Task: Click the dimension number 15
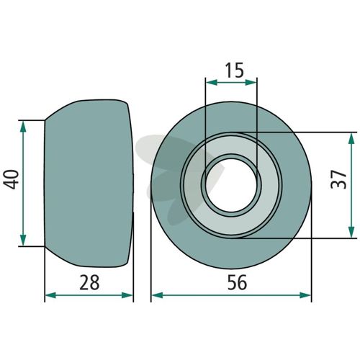pyautogui.click(x=235, y=71)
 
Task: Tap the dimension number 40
pyautogui.click(x=12, y=179)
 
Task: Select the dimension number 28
pyautogui.click(x=89, y=282)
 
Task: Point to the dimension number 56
pyautogui.click(x=237, y=282)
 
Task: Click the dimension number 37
pyautogui.click(x=338, y=179)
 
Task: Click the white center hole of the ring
pyautogui.click(x=231, y=185)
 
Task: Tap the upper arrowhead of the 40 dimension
pyautogui.click(x=23, y=127)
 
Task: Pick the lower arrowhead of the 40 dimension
pyautogui.click(x=23, y=240)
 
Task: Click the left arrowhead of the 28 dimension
pyautogui.click(x=51, y=295)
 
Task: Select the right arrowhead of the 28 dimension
pyautogui.click(x=127, y=295)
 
